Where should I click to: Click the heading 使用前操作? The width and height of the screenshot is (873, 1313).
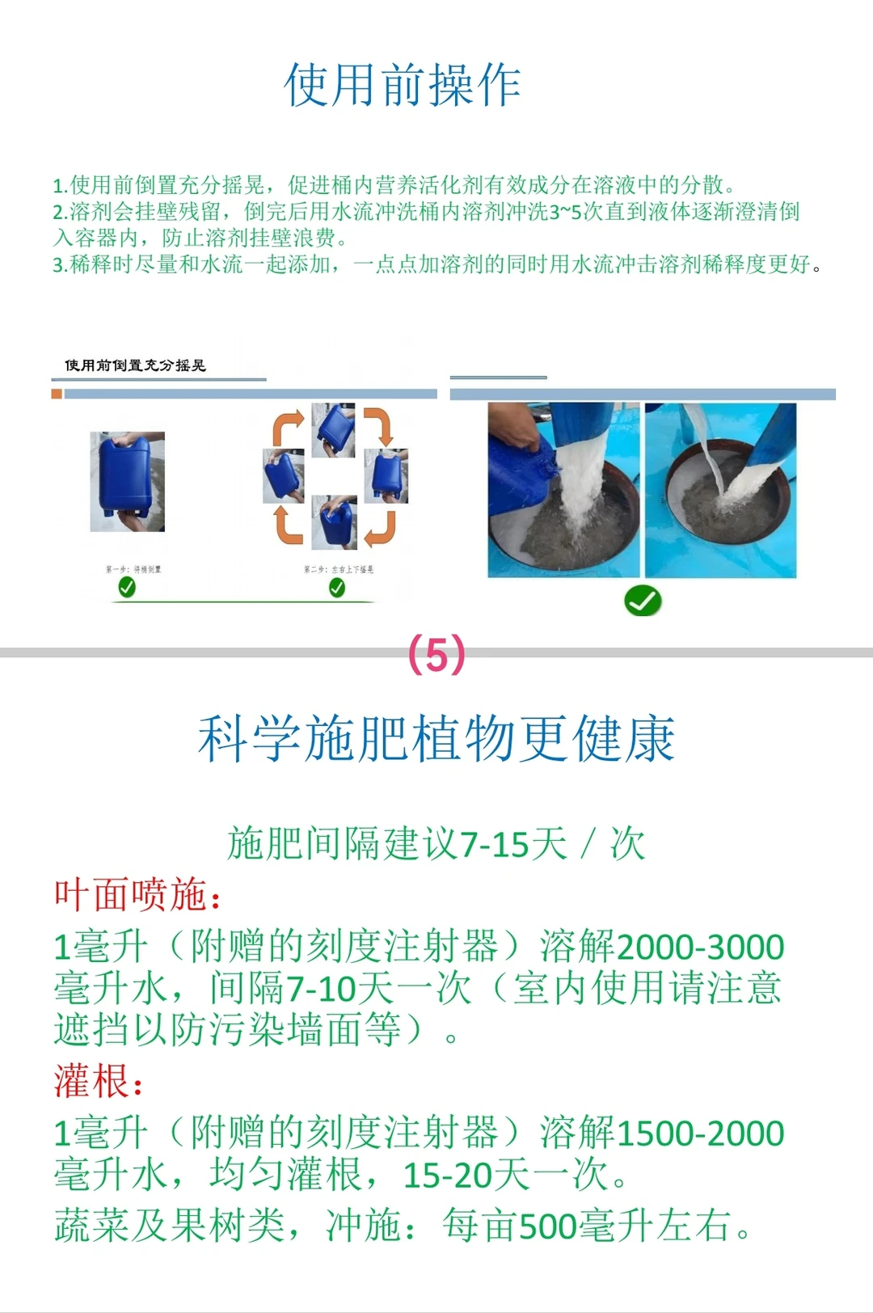(403, 86)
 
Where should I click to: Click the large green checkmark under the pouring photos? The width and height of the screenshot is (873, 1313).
(643, 601)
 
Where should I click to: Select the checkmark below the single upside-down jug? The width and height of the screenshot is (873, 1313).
(127, 589)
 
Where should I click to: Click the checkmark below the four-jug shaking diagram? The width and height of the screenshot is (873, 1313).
(337, 589)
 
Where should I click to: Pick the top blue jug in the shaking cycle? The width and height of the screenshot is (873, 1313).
(335, 429)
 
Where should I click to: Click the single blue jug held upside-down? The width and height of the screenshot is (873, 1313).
(127, 480)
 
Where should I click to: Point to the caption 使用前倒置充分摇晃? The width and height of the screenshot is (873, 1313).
(135, 365)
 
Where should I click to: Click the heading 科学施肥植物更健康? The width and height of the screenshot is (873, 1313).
(436, 739)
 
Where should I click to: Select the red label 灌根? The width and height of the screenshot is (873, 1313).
(97, 1082)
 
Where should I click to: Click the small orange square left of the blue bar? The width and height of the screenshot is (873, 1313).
(57, 394)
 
